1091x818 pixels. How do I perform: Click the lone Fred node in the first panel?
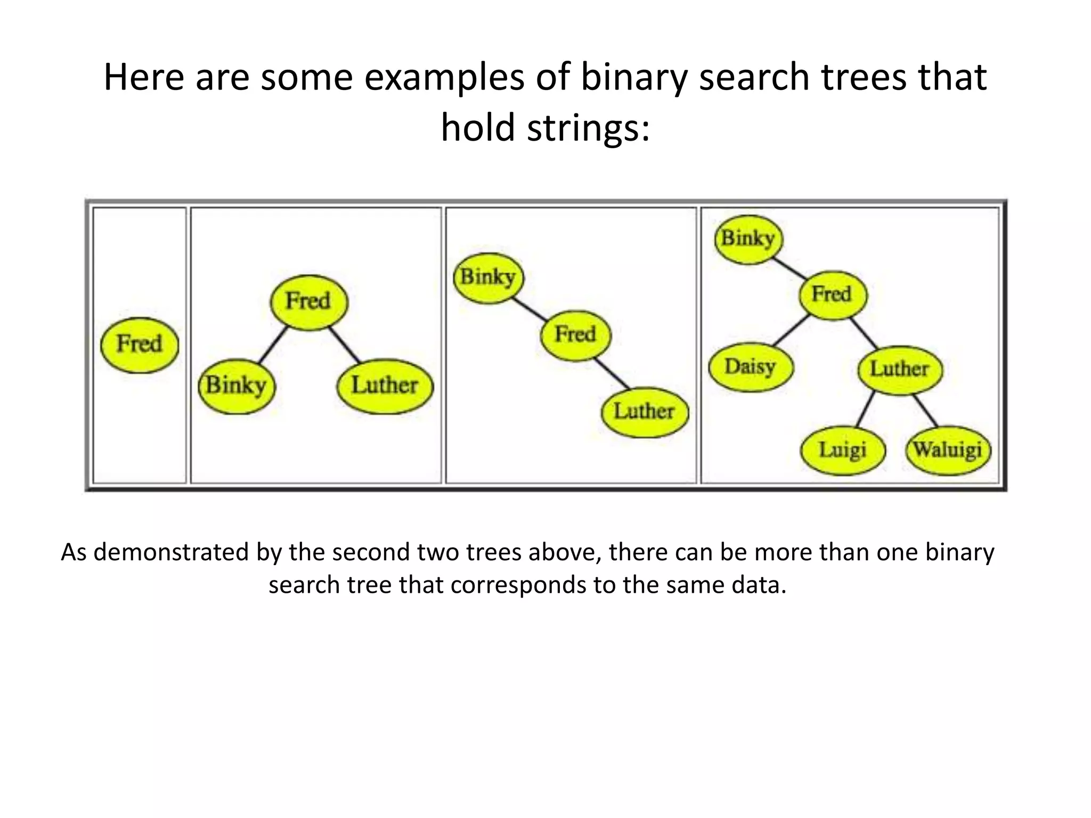[x=140, y=345]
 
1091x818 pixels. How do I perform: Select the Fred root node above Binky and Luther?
[x=308, y=302]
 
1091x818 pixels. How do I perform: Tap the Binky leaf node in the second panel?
[x=237, y=386]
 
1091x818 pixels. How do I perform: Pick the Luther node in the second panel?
[x=385, y=386]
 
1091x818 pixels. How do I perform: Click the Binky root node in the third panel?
[x=488, y=277]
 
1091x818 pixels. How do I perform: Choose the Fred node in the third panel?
[x=575, y=335]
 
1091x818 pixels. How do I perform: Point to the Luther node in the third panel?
[x=644, y=412]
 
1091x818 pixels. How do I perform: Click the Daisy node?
[x=751, y=367]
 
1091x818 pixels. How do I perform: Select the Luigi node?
[x=842, y=450]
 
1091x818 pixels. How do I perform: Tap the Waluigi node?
[x=948, y=450]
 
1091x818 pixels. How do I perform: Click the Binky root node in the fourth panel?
[x=748, y=239]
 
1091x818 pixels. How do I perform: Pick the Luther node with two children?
[x=899, y=369]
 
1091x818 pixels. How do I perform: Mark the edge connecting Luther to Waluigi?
[x=925, y=410]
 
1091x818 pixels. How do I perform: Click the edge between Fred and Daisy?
[x=791, y=331]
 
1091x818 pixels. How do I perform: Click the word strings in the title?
[x=588, y=128]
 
